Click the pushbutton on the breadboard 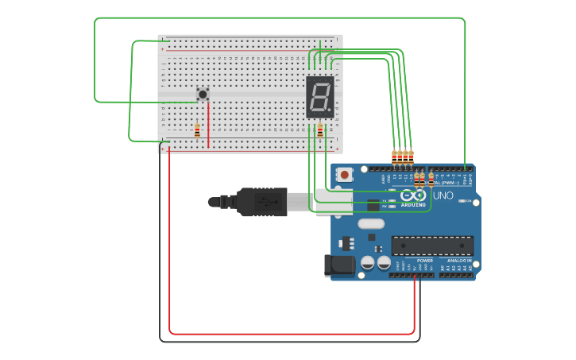click(203, 94)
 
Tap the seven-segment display click(319, 97)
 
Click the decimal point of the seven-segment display click(330, 111)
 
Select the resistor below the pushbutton click(197, 130)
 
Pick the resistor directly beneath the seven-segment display click(320, 130)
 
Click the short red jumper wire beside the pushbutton click(208, 127)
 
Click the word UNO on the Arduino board click(443, 195)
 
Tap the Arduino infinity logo click(412, 195)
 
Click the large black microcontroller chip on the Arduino click(432, 246)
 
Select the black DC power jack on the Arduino click(339, 265)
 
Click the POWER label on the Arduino click(425, 261)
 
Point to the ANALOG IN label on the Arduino click(458, 261)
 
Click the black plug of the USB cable click(262, 202)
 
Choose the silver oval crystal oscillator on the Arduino click(371, 223)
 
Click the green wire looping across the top click(278, 18)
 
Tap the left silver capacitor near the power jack click(368, 262)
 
